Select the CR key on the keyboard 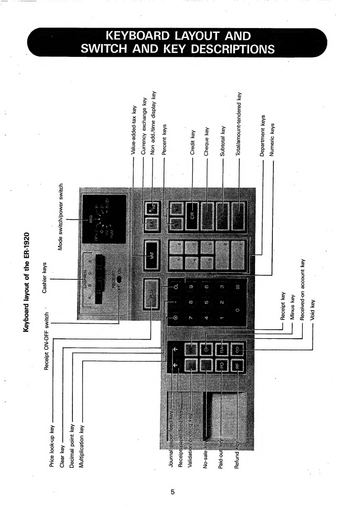[x=192, y=215]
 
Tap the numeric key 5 [x=207, y=302]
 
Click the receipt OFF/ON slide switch [x=119, y=279]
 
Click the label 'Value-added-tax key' [x=133, y=130]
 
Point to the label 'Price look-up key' [x=52, y=446]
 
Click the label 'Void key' [x=312, y=310]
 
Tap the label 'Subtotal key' [x=223, y=141]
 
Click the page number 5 [x=173, y=492]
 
